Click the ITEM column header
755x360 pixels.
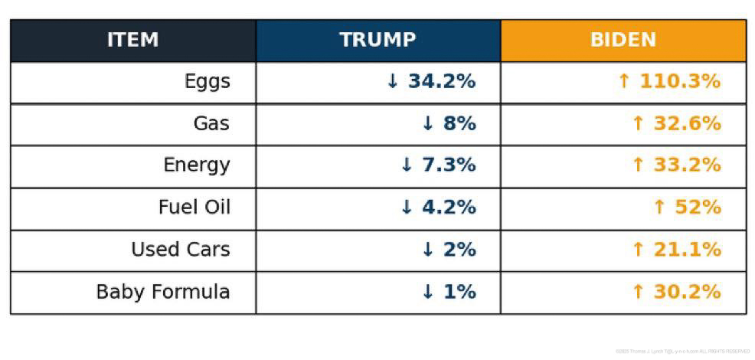click(x=132, y=40)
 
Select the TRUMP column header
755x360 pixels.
click(x=377, y=40)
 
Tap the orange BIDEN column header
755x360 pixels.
click(x=623, y=40)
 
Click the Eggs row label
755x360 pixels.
click(x=207, y=81)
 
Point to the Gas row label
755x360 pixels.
click(x=211, y=123)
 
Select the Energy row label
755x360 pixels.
click(x=196, y=165)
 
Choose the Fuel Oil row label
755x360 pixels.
click(x=194, y=207)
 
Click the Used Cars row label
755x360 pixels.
click(x=180, y=249)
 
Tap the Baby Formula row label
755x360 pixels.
click(x=162, y=292)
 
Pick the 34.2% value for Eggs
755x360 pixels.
click(x=441, y=81)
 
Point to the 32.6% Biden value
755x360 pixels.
click(x=686, y=123)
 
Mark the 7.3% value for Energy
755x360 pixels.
click(x=448, y=165)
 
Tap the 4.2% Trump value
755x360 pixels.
click(x=448, y=207)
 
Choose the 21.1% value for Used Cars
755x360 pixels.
click(x=686, y=249)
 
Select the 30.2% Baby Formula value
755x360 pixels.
click(x=686, y=292)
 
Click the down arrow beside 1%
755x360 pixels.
click(x=428, y=292)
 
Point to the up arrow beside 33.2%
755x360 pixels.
click(x=637, y=165)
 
